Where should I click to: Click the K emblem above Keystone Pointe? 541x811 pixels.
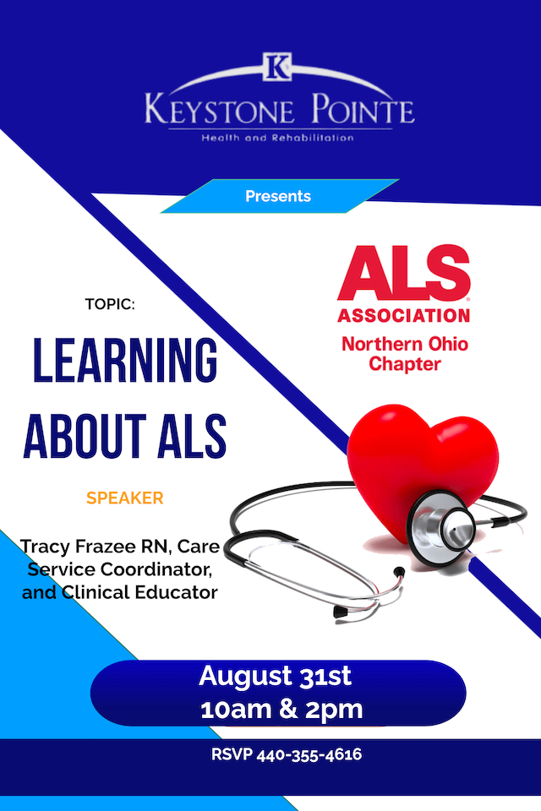click(x=277, y=67)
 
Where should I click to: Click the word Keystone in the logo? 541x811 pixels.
click(x=219, y=110)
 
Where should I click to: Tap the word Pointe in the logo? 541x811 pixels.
click(x=363, y=109)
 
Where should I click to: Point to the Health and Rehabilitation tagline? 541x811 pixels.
click(x=277, y=138)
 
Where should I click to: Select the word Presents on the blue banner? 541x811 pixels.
click(x=278, y=196)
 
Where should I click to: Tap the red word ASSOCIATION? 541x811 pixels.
click(x=404, y=315)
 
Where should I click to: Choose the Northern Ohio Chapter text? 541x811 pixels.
click(x=404, y=354)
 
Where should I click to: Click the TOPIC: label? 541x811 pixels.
click(x=110, y=304)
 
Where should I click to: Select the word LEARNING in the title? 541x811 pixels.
click(x=125, y=360)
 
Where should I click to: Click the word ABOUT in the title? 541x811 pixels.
click(x=85, y=436)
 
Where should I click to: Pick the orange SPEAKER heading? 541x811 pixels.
click(x=125, y=498)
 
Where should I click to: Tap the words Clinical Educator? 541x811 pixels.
click(x=139, y=592)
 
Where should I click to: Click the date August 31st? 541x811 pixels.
click(x=275, y=676)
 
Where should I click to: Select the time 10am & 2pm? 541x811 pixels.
click(x=281, y=709)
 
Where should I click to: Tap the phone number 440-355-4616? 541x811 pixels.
click(x=309, y=754)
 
